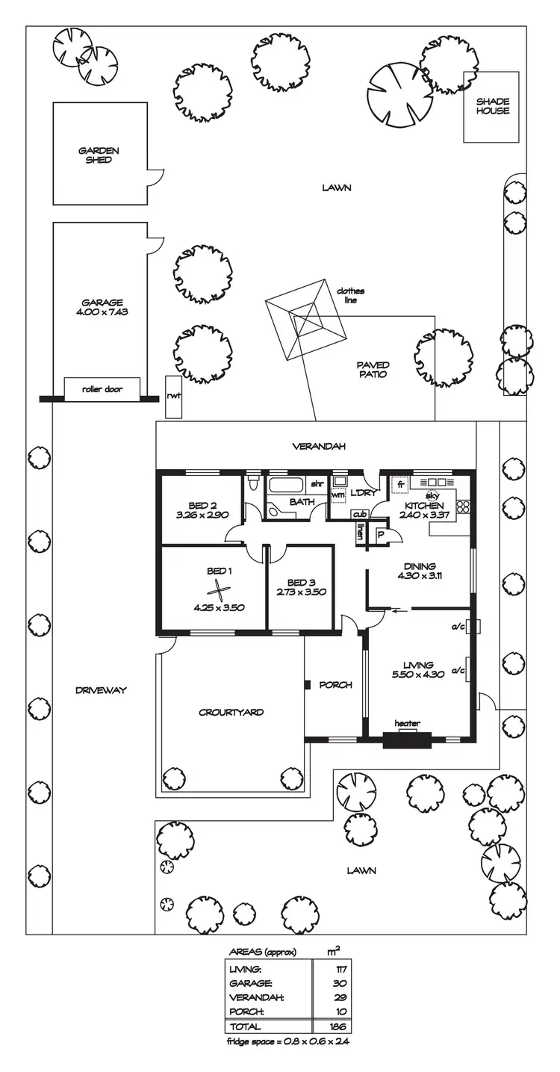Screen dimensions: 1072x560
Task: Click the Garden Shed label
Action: [99, 155]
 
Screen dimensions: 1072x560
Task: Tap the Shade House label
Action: [493, 106]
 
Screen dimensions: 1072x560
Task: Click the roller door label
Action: [102, 389]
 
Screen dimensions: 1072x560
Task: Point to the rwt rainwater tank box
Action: [175, 397]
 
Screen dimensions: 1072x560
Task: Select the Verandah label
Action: [314, 447]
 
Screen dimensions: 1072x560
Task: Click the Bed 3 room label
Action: [297, 582]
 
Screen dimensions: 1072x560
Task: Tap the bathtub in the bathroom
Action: [288, 485]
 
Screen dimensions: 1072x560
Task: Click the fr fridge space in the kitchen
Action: [400, 485]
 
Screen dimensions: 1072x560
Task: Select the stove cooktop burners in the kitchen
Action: [462, 506]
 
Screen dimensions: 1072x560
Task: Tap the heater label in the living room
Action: [408, 723]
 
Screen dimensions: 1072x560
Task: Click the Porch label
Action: [335, 685]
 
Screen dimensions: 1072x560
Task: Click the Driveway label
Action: [100, 690]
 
